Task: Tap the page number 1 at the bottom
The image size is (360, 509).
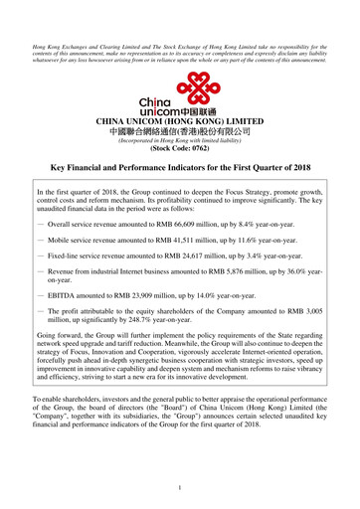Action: (x=180, y=486)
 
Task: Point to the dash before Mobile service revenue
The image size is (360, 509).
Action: (x=40, y=241)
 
